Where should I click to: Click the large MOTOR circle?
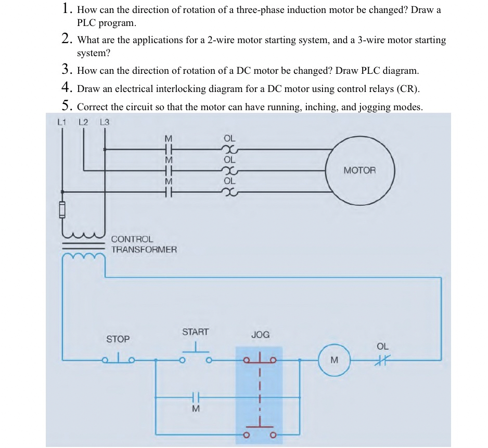pos(359,171)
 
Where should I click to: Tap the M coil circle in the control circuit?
pos(334,360)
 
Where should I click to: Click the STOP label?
pos(118,339)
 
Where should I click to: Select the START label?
pos(195,332)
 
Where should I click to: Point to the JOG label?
pos(260,335)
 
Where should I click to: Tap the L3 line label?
pos(105,123)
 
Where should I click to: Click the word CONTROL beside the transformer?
pos(132,240)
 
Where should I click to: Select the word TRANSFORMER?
pos(144,249)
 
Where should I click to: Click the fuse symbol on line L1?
pos(62,210)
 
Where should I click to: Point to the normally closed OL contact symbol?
pos(382,359)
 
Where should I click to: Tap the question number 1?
pos(66,9)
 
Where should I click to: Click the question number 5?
pos(66,106)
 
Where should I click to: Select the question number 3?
pos(66,70)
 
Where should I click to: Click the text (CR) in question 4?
pos(407,89)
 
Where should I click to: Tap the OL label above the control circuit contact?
pos(382,346)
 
